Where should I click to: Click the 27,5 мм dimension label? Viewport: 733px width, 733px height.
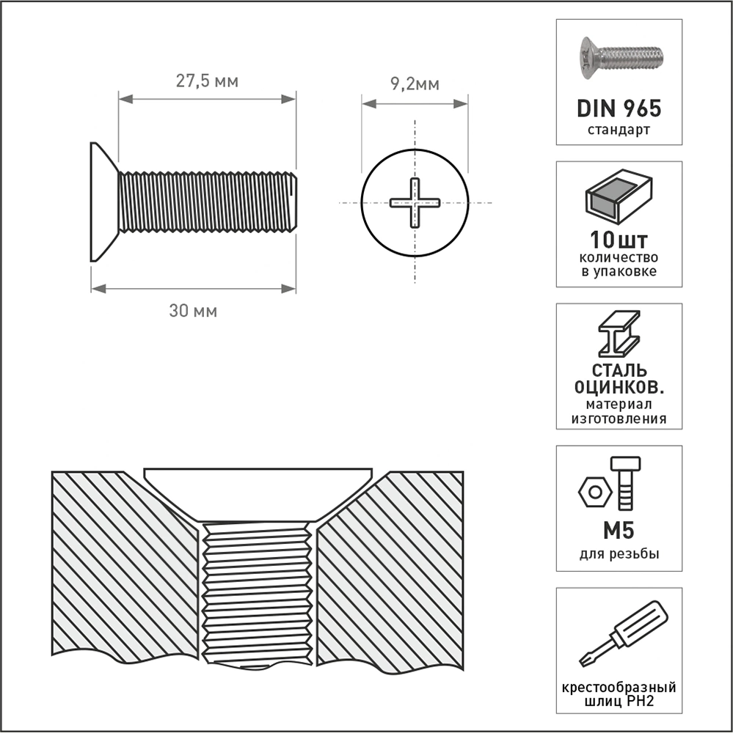point(207,81)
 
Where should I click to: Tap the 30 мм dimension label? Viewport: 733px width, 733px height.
point(193,311)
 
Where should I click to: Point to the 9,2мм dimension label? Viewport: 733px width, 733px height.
point(415,84)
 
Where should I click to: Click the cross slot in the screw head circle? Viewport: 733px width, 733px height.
point(415,203)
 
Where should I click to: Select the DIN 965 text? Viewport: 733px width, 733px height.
point(619,108)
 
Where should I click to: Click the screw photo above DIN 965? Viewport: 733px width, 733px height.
point(621,57)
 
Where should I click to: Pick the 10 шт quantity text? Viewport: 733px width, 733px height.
point(619,240)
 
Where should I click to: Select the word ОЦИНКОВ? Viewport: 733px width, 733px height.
point(619,388)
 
